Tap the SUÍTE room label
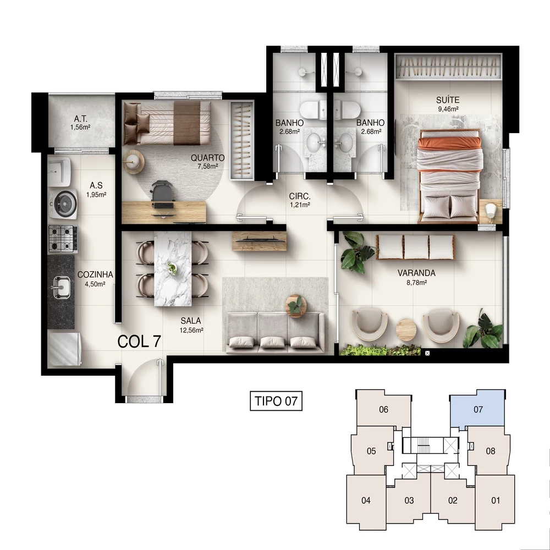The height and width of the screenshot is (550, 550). (x=448, y=100)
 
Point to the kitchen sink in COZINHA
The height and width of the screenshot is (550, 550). (x=61, y=285)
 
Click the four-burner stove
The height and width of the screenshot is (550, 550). (x=62, y=238)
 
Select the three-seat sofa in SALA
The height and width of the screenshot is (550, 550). (x=274, y=333)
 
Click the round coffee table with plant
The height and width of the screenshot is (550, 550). (x=296, y=305)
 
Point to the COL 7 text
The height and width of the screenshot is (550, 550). (x=140, y=341)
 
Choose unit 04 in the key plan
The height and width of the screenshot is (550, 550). (x=366, y=501)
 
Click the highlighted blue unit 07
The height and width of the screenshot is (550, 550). (x=477, y=410)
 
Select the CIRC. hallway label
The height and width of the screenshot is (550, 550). (x=300, y=196)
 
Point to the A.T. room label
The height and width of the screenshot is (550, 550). (x=80, y=119)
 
